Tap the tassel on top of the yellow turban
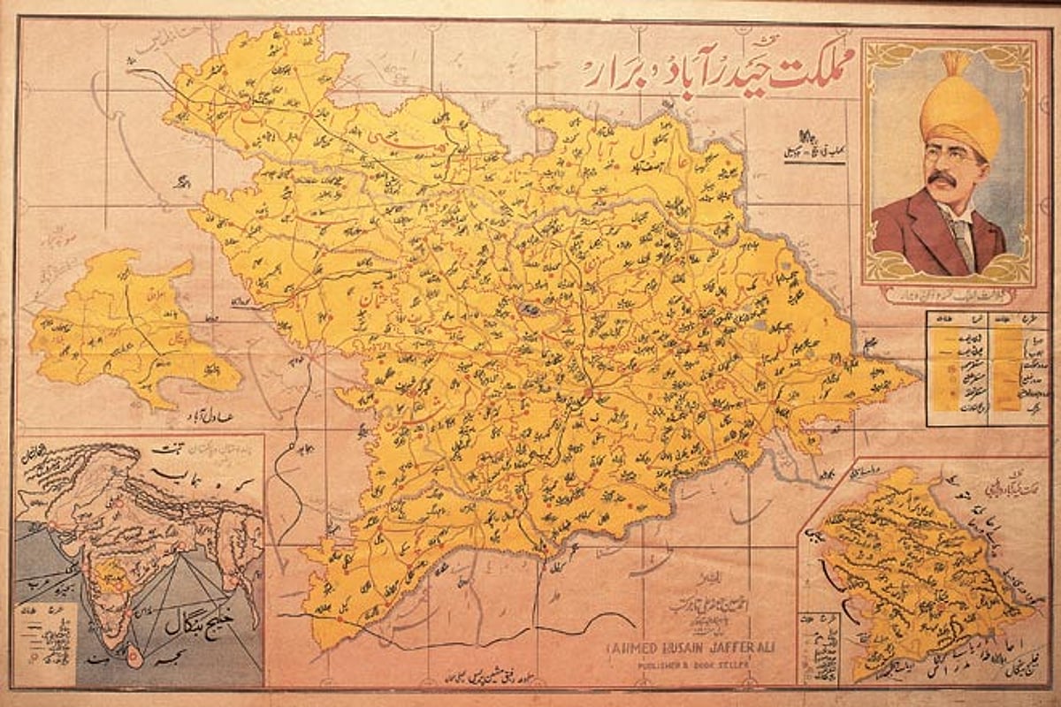pyautogui.click(x=956, y=65)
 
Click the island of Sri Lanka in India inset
pyautogui.click(x=135, y=656)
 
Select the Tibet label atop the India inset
pyautogui.click(x=168, y=449)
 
